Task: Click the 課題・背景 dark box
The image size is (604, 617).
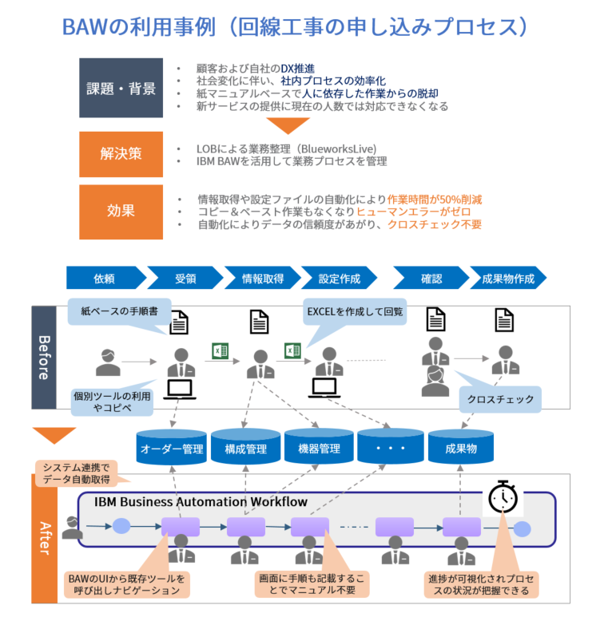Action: pos(121,88)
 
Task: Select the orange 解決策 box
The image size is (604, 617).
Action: pos(121,153)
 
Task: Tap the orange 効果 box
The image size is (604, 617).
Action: pos(121,211)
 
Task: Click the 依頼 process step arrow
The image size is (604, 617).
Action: pos(105,279)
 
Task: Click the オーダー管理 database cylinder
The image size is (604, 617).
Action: pos(172,448)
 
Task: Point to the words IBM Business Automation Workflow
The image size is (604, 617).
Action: pos(201,502)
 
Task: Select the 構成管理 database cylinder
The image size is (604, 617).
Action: pos(245,448)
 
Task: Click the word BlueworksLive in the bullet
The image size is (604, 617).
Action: pos(336,148)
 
